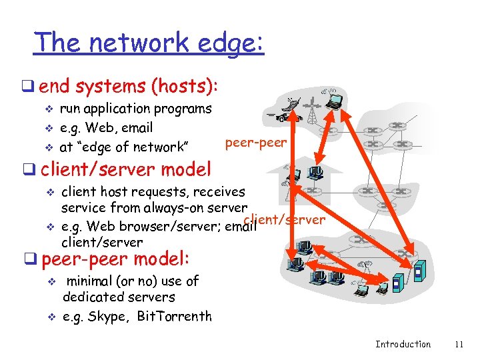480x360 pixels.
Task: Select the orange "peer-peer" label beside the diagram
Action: click(256, 142)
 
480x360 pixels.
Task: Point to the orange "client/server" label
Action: click(285, 219)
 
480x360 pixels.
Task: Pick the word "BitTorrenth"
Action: click(174, 317)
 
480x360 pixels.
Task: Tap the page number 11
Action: click(459, 344)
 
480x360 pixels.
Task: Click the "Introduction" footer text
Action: click(403, 344)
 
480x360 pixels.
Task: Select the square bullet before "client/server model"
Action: click(31, 169)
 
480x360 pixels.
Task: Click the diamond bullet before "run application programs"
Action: click(47, 109)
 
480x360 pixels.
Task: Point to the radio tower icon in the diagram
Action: click(311, 111)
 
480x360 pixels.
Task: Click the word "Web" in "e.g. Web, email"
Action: click(97, 127)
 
